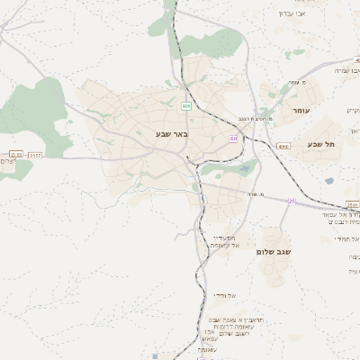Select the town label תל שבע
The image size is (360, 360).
[320, 143]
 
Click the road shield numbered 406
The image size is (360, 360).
[186, 106]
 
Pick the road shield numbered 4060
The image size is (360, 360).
[283, 146]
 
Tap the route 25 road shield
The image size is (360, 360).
[292, 201]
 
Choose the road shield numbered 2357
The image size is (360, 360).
[35, 155]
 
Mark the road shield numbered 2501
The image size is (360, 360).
[353, 205]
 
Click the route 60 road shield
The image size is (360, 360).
[234, 139]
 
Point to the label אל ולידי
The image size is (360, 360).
[223, 294]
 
